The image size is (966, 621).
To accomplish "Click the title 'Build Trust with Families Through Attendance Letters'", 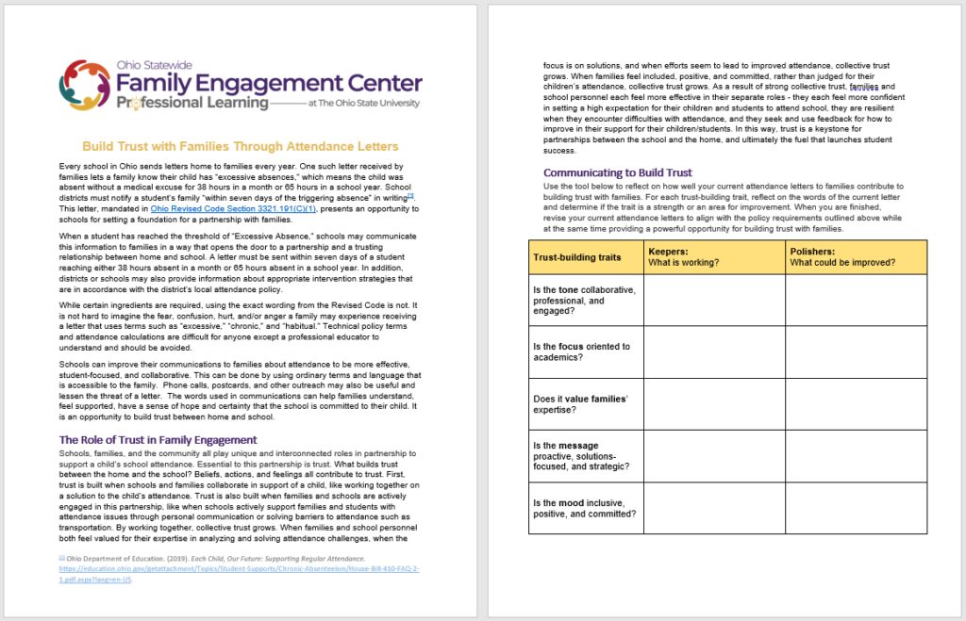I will (241, 146).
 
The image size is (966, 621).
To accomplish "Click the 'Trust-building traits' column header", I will (577, 256).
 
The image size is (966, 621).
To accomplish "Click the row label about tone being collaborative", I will (584, 300).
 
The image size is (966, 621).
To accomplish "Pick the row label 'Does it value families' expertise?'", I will (580, 404).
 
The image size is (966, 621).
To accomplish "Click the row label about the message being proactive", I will (581, 456).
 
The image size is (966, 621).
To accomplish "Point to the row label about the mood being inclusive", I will (584, 508).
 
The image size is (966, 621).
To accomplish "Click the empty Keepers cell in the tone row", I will (712, 300).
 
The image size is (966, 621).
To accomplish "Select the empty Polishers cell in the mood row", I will (856, 508).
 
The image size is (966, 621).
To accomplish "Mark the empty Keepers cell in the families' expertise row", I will (712, 404).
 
